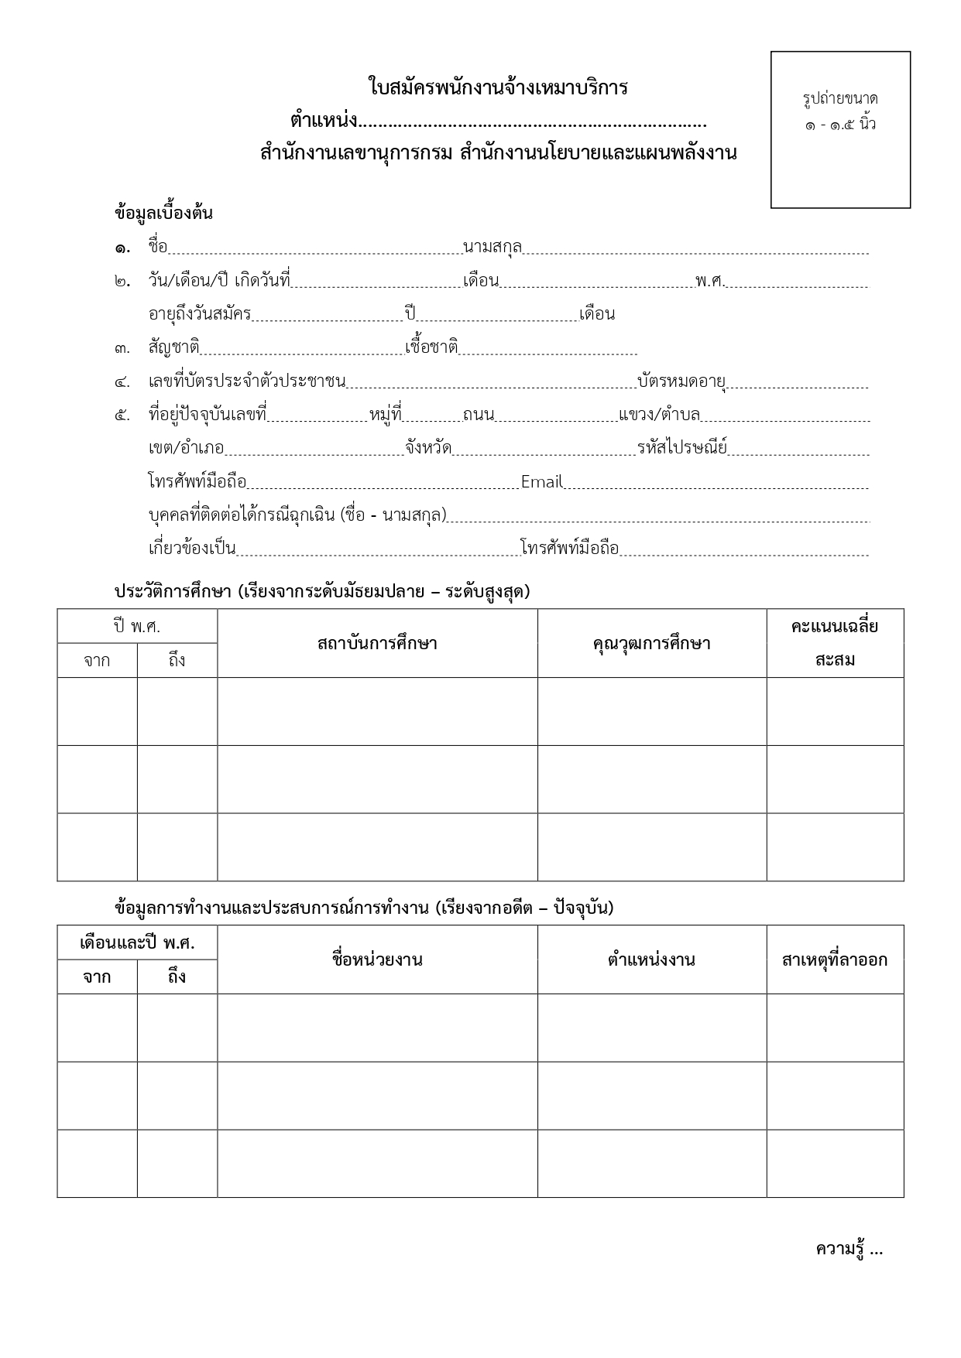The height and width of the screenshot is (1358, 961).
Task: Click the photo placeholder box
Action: (x=840, y=129)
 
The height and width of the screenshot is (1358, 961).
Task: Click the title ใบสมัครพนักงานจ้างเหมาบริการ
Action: (x=498, y=87)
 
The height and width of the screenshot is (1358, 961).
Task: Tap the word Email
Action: (x=541, y=482)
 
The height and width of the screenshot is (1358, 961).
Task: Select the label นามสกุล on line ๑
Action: (x=493, y=247)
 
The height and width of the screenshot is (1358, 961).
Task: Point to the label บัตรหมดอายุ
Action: (x=681, y=381)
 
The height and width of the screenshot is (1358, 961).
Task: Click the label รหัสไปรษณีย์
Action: (x=682, y=447)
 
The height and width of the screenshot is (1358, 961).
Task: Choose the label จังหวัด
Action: (x=428, y=447)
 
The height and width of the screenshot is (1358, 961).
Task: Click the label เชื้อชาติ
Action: (x=431, y=347)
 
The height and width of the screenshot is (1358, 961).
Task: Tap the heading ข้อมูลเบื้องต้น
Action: (x=163, y=214)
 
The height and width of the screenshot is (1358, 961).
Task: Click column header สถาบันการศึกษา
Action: (x=377, y=643)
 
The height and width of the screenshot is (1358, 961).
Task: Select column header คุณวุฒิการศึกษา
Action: (x=651, y=643)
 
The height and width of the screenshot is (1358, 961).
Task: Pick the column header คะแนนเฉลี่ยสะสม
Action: (x=835, y=643)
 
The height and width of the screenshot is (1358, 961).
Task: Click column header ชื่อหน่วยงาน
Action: (x=377, y=959)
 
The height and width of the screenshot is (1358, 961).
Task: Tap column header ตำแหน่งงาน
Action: (x=651, y=959)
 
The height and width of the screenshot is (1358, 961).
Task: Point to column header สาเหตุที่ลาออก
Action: (x=835, y=960)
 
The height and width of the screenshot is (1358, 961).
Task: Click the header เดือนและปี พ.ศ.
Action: (x=137, y=943)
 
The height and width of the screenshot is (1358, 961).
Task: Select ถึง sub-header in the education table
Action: (x=177, y=661)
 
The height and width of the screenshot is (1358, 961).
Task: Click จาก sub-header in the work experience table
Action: (x=97, y=977)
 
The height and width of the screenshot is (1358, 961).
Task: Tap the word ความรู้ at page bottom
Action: (x=839, y=1249)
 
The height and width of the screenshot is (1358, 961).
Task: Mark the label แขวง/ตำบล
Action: (x=659, y=415)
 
